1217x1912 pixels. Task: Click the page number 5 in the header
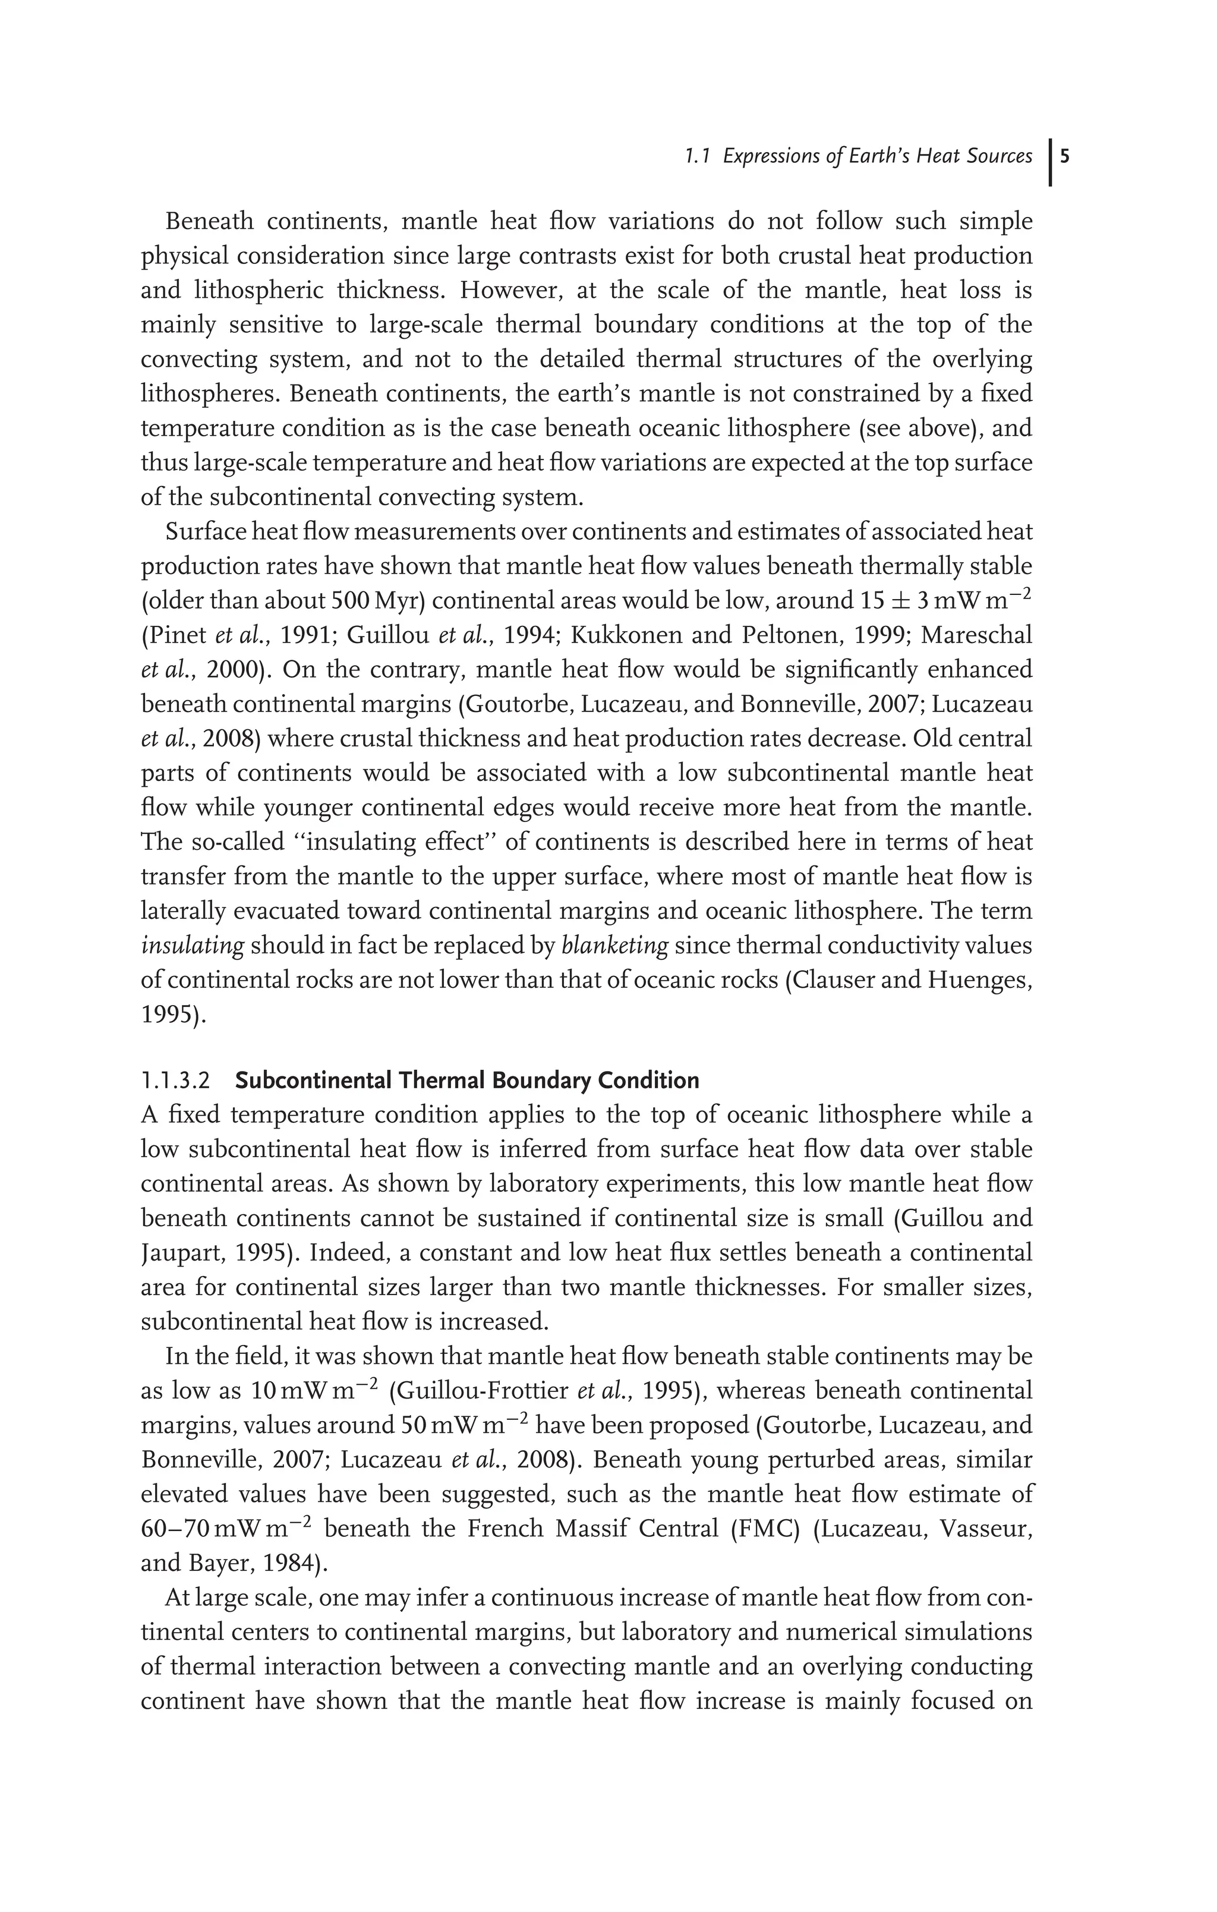point(1064,156)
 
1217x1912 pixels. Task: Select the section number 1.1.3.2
point(175,1081)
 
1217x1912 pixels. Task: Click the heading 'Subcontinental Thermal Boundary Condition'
point(467,1081)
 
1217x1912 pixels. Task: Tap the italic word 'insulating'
point(192,946)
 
